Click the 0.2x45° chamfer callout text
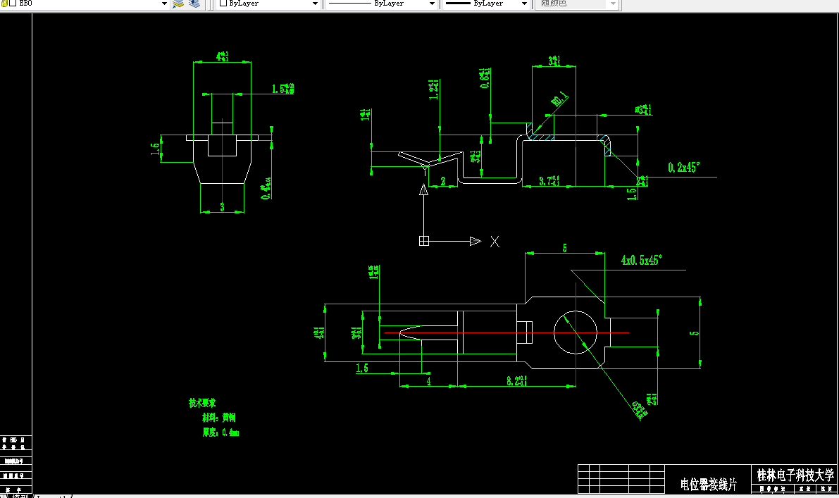(x=683, y=168)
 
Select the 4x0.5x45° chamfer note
(x=641, y=260)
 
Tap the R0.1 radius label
(x=559, y=100)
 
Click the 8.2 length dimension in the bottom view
(x=518, y=380)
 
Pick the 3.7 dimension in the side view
(x=549, y=181)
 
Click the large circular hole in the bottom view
(x=576, y=332)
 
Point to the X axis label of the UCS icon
(x=495, y=242)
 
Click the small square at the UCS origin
(x=424, y=241)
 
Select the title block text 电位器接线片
(x=708, y=484)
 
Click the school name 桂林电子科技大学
(x=795, y=475)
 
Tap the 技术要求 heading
(x=201, y=404)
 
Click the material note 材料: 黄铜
(x=220, y=418)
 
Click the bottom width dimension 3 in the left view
(x=222, y=206)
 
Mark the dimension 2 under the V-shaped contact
(x=443, y=181)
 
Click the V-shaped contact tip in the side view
(x=425, y=164)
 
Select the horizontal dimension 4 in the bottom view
(x=428, y=380)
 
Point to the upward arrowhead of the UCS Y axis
(x=423, y=189)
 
